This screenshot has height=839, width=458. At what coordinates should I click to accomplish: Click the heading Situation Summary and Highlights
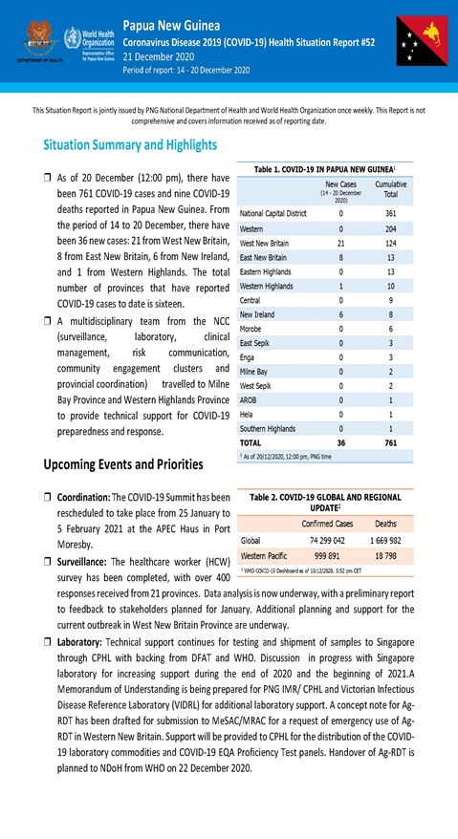[x=130, y=145]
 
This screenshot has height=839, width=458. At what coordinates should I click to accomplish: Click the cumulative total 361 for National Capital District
[x=389, y=213]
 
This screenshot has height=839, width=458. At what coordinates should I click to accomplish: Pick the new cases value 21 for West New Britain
[x=340, y=244]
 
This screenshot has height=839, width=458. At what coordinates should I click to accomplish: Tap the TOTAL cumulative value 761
[x=389, y=443]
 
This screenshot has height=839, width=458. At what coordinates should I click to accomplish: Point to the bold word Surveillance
[x=83, y=563]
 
